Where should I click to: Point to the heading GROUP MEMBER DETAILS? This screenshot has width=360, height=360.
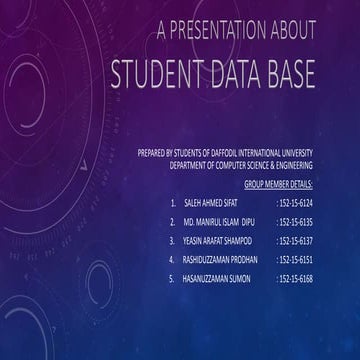278,184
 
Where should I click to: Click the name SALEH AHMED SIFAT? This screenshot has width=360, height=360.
210,203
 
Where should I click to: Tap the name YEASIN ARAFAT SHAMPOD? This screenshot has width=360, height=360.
218,241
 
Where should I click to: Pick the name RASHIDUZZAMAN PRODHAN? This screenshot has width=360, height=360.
220,259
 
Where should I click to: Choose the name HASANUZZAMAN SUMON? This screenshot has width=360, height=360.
217,278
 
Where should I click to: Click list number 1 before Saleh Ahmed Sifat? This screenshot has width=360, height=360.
173,203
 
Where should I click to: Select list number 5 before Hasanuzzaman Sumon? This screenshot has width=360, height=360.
173,278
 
